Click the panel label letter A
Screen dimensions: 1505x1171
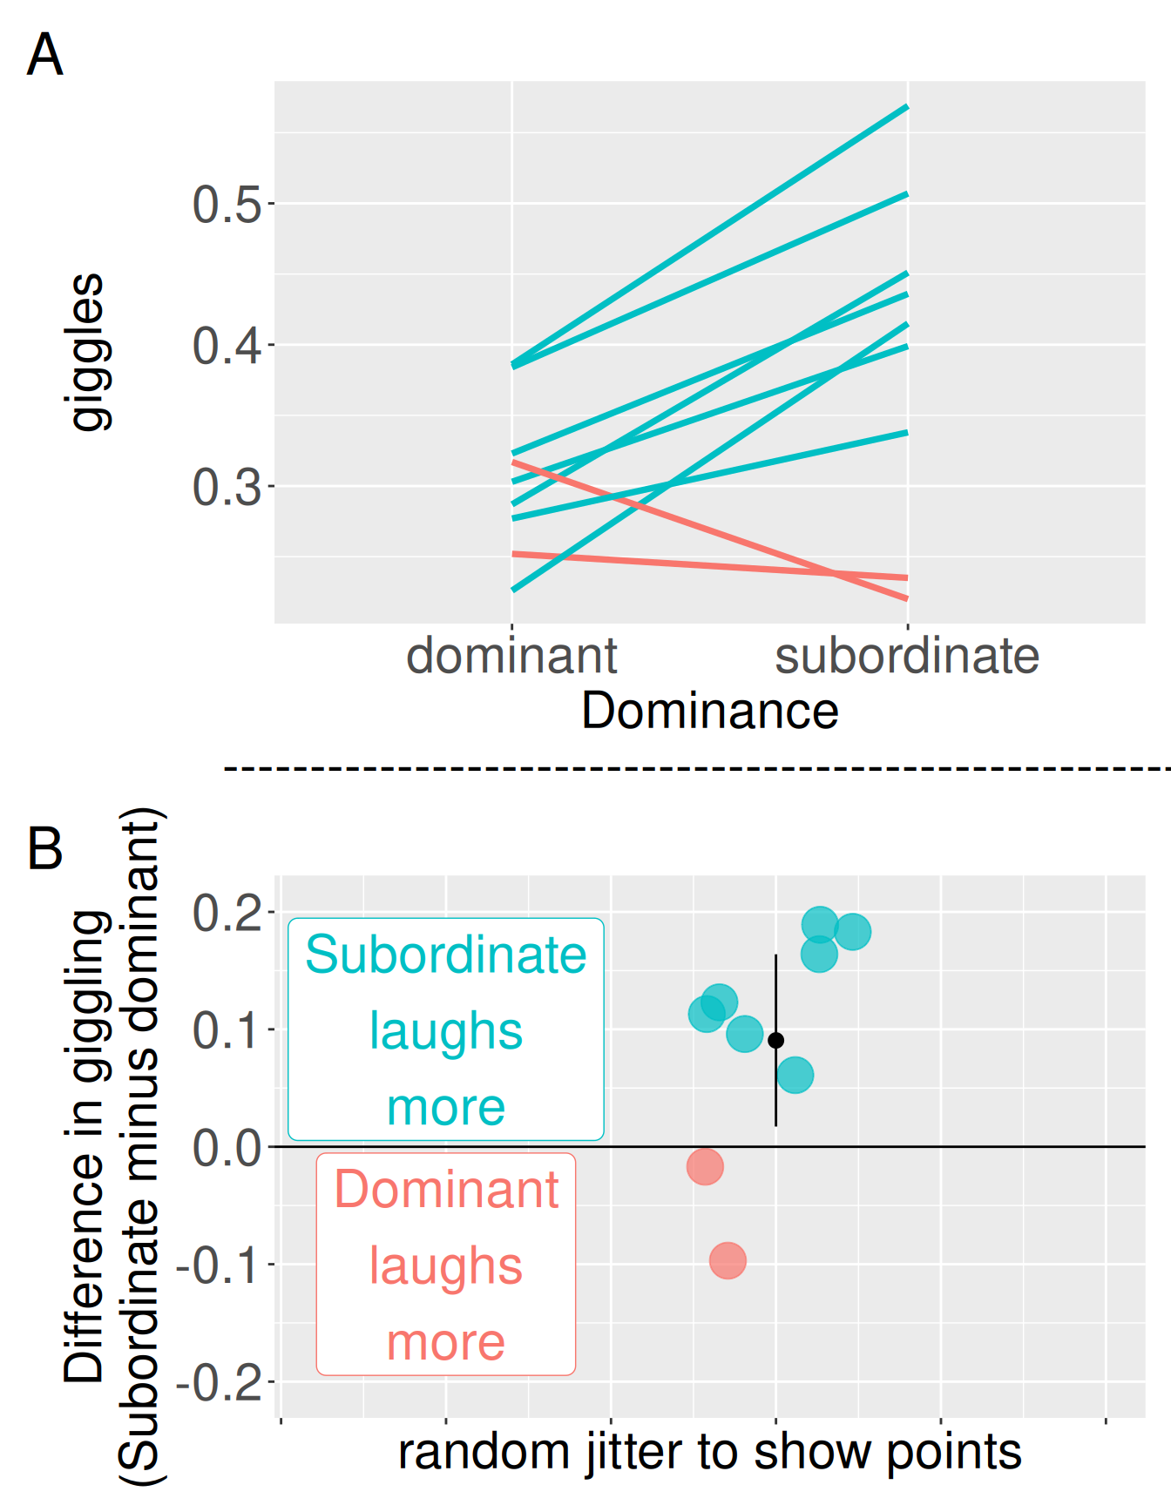[44, 55]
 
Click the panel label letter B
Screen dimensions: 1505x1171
[45, 848]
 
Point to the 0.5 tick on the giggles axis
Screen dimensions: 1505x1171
[227, 205]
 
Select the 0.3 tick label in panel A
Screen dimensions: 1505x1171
[227, 487]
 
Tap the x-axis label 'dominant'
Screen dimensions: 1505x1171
[511, 656]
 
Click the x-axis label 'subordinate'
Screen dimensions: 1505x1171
[907, 656]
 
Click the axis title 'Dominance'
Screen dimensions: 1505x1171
[709, 711]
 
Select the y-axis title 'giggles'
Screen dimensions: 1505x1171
[87, 352]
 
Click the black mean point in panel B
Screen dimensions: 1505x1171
[775, 1040]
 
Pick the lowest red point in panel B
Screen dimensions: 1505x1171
[728, 1260]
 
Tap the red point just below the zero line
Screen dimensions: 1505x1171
[705, 1166]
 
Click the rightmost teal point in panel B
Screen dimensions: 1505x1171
[852, 931]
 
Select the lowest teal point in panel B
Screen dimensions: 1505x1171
[795, 1075]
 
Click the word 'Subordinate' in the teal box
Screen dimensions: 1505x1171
[445, 955]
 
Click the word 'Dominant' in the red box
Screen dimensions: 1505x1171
[445, 1190]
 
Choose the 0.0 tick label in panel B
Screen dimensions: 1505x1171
[227, 1148]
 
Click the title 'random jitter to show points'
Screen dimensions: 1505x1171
[709, 1453]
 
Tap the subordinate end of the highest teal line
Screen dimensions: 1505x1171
[907, 107]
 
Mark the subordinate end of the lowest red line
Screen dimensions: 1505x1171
[907, 598]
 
